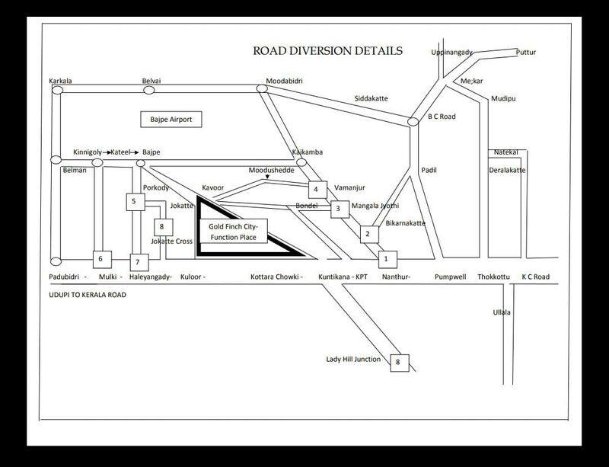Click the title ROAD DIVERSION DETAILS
pos(328,51)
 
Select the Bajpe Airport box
pos(171,120)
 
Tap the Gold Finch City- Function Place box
pos(233,232)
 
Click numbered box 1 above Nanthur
pos(387,259)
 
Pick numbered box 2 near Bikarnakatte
pos(369,234)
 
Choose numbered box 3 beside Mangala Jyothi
pos(340,209)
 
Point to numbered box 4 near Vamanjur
pos(317,190)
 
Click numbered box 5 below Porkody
pos(136,202)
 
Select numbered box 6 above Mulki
pos(102,259)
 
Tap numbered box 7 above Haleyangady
pos(139,263)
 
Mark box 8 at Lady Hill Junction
pos(400,363)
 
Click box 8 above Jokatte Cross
pos(164,227)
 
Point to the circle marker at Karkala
pos(58,90)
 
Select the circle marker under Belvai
pos(149,90)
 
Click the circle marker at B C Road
pos(413,122)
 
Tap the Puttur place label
pos(526,52)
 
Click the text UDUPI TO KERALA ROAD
pos(88,295)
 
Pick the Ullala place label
pos(502,312)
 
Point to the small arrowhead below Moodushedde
pos(267,178)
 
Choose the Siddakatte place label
pos(371,98)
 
